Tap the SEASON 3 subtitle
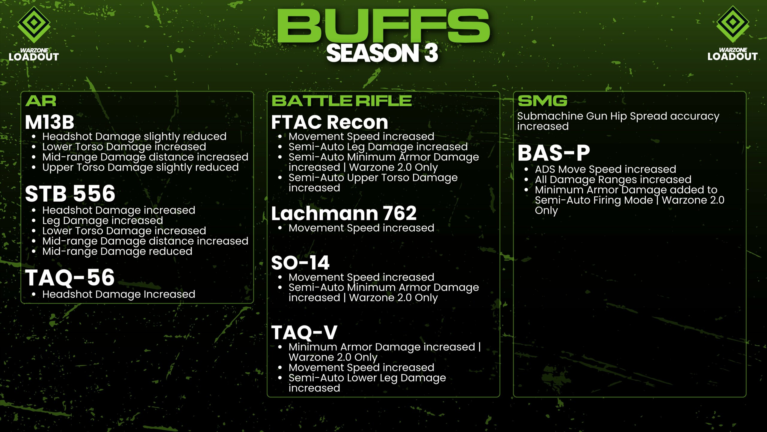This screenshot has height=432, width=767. pos(382,53)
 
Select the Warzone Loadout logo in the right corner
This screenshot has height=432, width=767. pos(733,33)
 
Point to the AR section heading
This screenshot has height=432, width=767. pos(41,101)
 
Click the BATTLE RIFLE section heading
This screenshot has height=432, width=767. pos(342,101)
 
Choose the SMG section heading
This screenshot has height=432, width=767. pos(543,101)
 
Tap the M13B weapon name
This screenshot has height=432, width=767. pos(49,122)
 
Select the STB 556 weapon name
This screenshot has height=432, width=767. pos(70,193)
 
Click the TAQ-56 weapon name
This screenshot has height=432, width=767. pos(70,277)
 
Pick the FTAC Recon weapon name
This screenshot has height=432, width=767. pos(330,122)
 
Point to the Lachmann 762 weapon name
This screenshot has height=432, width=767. pos(344,213)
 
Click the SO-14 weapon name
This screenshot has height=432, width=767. pos(300,263)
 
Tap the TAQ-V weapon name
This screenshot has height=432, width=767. pos(304,332)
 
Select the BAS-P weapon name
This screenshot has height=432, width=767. pos(554,153)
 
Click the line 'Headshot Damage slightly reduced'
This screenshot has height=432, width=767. pos(134,137)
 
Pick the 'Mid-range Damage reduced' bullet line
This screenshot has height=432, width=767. pos(117,251)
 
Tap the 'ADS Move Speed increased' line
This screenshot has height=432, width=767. pos(606,169)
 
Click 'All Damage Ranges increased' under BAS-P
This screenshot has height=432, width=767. pos(613,180)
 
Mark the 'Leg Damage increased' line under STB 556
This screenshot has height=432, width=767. pos(102,221)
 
